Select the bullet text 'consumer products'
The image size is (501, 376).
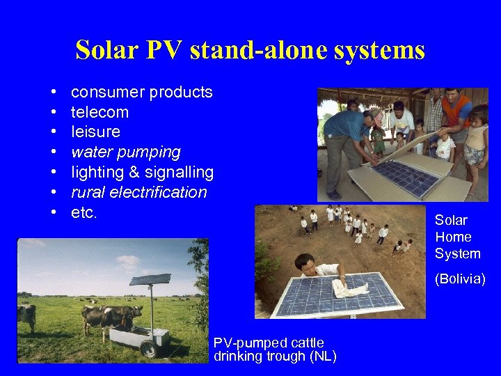coord(142,92)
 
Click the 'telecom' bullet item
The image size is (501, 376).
coord(100,112)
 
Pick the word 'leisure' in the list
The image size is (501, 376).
coord(95,132)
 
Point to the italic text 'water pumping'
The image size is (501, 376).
coord(125,152)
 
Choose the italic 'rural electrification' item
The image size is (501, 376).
coord(139,192)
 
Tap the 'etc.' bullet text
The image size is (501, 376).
coord(84,212)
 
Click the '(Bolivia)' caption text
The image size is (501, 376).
coord(459,279)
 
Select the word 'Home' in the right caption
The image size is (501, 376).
coord(452,237)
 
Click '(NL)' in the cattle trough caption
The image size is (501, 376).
coord(323,357)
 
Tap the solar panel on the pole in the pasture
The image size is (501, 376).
coord(150,280)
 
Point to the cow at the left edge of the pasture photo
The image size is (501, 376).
coord(26,317)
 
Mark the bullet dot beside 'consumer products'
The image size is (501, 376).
coord(54,93)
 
